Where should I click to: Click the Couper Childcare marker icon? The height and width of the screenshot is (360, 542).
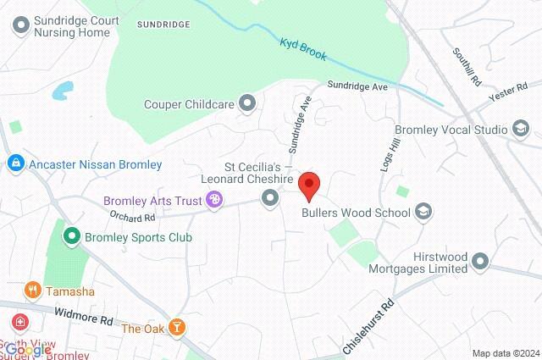click(x=248, y=104)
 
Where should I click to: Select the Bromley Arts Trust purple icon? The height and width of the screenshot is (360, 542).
click(x=215, y=200)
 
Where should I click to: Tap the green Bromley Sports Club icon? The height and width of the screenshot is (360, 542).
click(x=73, y=237)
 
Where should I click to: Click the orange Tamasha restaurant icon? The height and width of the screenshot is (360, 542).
click(x=33, y=291)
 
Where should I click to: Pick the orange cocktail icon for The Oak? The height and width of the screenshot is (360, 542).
click(x=177, y=327)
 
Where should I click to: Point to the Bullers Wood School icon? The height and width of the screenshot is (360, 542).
click(x=424, y=212)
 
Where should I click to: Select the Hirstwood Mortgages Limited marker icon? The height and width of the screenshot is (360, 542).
click(x=480, y=260)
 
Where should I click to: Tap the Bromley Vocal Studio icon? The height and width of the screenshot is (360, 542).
click(x=520, y=129)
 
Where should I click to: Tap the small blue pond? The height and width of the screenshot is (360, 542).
click(x=62, y=90)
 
